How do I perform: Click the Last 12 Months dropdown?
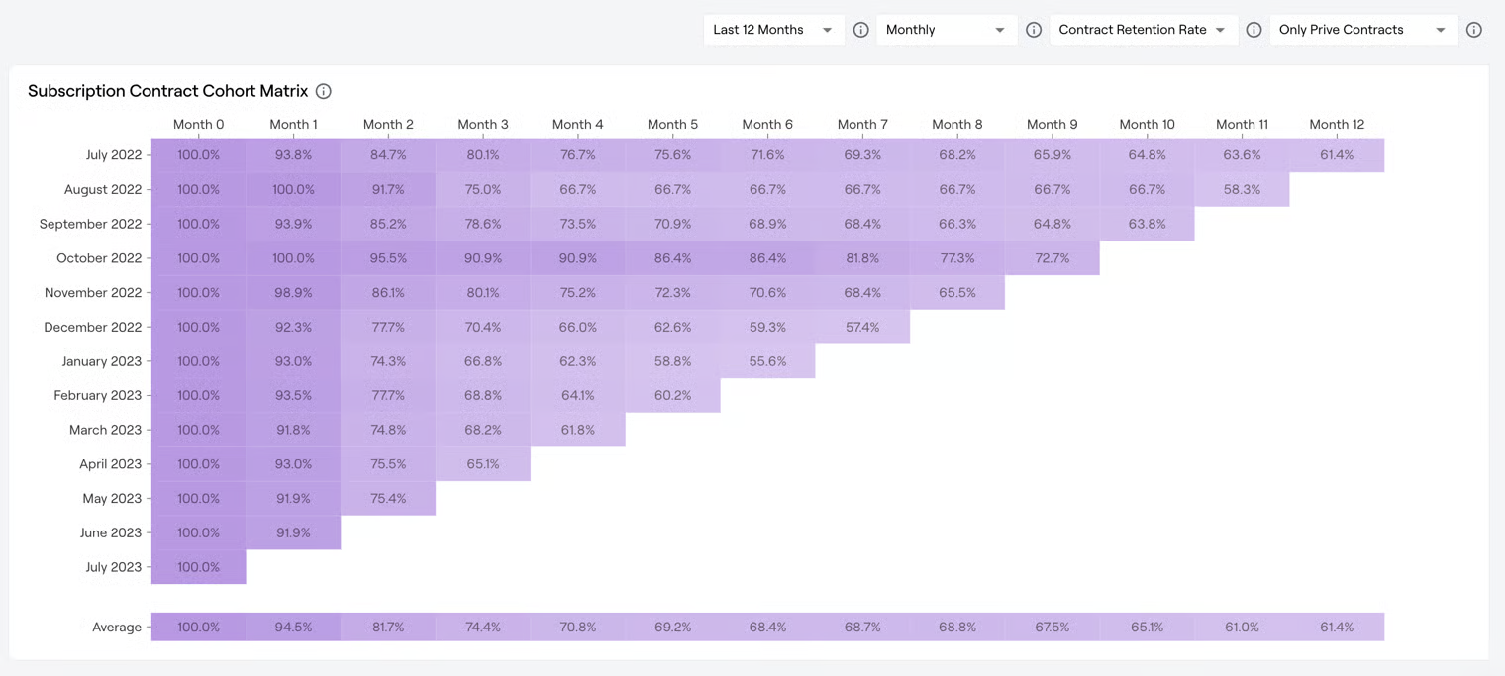772,30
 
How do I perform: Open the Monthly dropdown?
946,30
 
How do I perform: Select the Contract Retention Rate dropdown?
1142,30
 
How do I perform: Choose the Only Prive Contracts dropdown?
1362,30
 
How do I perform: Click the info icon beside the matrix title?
324,91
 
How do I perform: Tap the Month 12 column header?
1337,124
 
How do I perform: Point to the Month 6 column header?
767,124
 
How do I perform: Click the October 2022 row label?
99,258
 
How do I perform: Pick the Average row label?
117,628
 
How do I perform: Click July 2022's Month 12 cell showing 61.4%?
1337,155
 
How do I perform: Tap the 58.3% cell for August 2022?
1242,189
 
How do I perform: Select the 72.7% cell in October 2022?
1052,258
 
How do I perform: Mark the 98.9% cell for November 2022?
293,293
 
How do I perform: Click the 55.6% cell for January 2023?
767,361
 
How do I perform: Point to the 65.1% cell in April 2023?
483,464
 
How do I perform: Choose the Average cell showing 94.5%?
293,628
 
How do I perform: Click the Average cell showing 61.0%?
1242,628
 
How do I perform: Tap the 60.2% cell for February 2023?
672,395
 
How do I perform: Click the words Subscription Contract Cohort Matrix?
168,91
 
